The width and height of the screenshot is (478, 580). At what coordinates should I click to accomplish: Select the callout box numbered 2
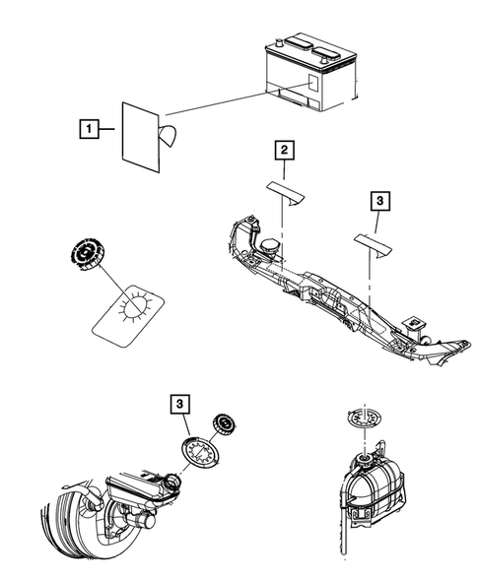coord(283,150)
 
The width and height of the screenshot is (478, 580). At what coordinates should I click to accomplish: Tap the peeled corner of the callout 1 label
coord(169,137)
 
